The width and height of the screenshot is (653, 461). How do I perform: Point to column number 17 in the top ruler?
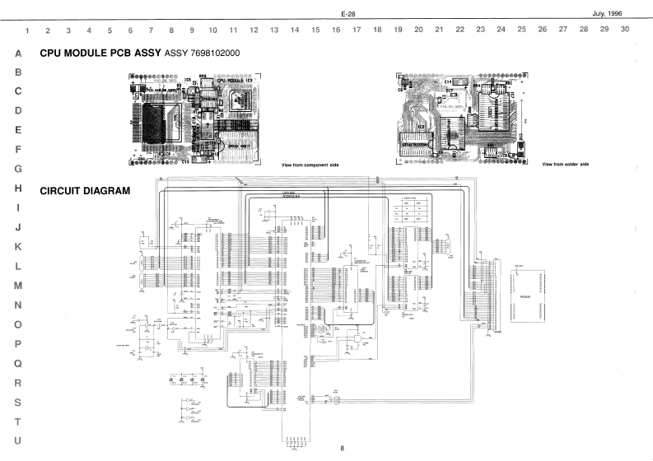pos(357,30)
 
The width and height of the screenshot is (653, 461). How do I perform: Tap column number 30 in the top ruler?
pos(625,30)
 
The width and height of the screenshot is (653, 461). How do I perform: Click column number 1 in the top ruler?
pos(28,30)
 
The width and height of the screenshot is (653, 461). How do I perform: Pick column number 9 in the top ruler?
pos(192,30)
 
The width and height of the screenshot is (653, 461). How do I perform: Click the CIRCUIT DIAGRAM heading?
pos(85,191)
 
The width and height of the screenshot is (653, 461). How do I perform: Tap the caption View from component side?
pos(310,165)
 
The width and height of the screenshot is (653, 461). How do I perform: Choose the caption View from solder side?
pos(566,164)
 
